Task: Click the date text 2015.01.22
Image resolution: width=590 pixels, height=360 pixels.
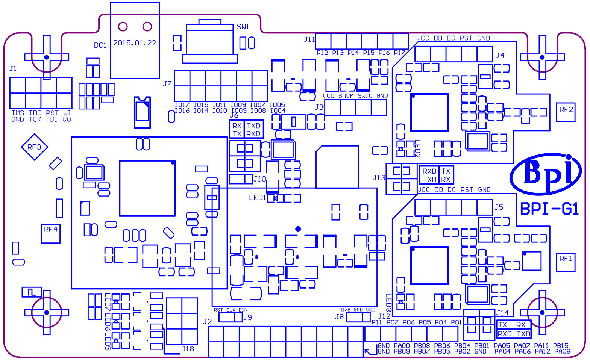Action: (135, 43)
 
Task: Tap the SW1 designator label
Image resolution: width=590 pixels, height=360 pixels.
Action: (243, 27)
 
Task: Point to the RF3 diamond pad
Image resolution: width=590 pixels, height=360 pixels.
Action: (34, 147)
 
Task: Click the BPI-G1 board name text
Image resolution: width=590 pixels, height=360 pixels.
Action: (549, 209)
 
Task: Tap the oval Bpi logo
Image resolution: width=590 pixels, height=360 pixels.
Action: (546, 174)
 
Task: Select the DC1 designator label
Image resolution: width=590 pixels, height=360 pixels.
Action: (100, 45)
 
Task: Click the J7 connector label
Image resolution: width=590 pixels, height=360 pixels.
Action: (167, 84)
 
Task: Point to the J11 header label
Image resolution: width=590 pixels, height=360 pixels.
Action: (309, 39)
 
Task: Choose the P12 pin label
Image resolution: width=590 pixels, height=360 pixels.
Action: (322, 53)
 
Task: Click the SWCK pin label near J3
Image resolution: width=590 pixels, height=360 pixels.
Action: (346, 96)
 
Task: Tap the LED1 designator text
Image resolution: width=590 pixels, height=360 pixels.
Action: (257, 198)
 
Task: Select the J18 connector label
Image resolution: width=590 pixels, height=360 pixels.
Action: (188, 349)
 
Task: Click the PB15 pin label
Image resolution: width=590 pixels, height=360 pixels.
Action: (561, 346)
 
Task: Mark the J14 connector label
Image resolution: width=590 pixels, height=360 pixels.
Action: (502, 313)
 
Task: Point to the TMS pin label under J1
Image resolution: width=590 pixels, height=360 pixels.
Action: (18, 113)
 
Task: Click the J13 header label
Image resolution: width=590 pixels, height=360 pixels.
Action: (379, 178)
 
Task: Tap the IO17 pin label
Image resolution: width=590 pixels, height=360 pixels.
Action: (182, 105)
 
